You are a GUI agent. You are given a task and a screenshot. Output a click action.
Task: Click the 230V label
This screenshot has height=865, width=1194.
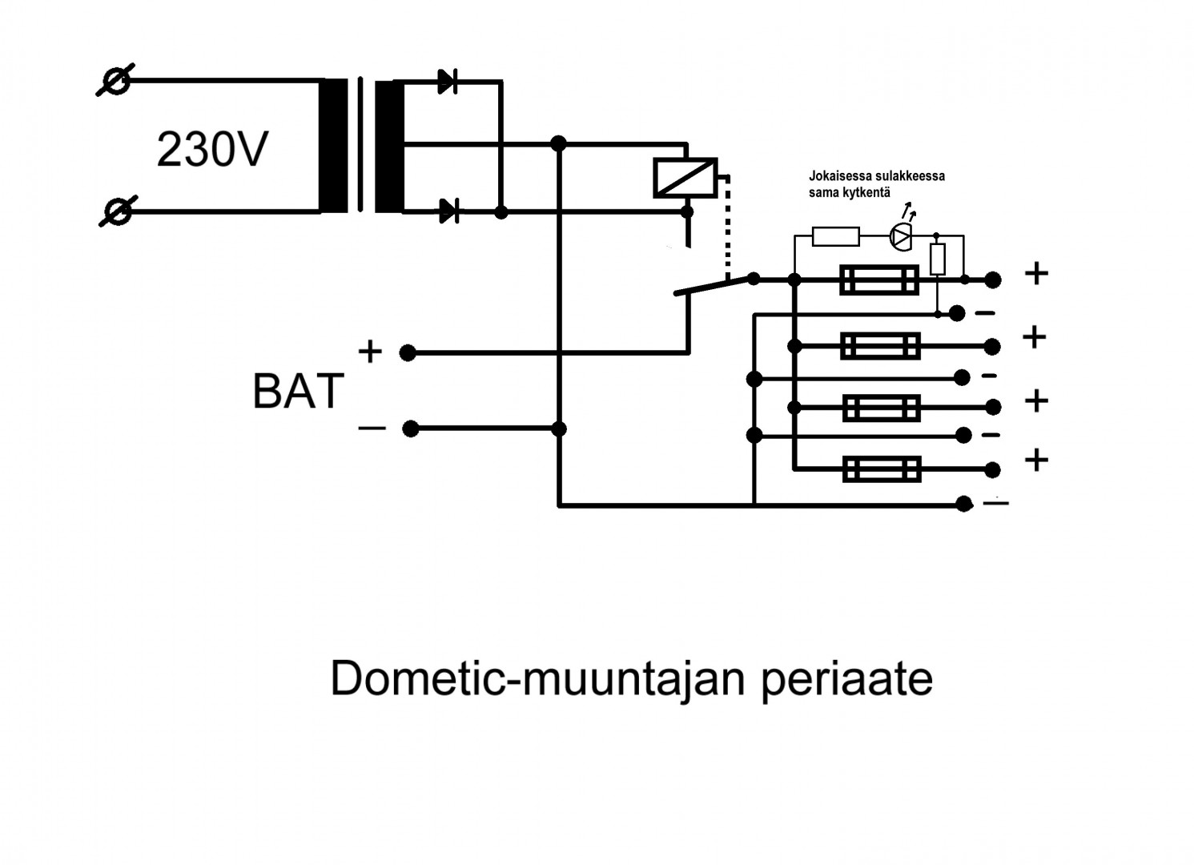pos(211,150)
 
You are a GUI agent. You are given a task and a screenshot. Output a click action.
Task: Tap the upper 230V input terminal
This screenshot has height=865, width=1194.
pos(115,81)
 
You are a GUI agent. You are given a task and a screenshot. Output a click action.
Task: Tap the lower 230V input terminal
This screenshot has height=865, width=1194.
pos(118,212)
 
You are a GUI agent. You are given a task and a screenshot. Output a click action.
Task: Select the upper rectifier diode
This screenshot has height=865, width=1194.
pos(448,81)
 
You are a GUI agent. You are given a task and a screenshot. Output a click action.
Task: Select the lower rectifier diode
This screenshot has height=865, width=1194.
pos(449,212)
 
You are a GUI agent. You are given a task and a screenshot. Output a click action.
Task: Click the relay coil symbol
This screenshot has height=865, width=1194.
pos(685,177)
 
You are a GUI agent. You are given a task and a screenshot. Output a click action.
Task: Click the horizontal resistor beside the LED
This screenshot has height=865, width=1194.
pos(835,236)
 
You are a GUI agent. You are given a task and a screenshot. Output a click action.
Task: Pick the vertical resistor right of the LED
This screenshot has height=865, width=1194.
pos(938,258)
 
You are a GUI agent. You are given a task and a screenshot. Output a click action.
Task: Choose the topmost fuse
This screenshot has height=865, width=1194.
pos(878,280)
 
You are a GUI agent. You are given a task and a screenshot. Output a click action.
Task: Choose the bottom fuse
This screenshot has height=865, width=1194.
pos(882,469)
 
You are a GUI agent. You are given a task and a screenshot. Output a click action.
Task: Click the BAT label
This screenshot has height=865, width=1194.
pos(298,392)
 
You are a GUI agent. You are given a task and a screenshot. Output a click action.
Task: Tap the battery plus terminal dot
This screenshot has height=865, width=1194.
pos(408,352)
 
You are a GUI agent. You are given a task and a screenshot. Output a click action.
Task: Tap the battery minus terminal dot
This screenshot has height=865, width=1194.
pos(410,429)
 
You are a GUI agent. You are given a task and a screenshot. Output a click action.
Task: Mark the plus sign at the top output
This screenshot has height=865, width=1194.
pos(1036,274)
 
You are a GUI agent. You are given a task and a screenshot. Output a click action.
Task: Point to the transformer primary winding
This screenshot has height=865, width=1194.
pos(333,146)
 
